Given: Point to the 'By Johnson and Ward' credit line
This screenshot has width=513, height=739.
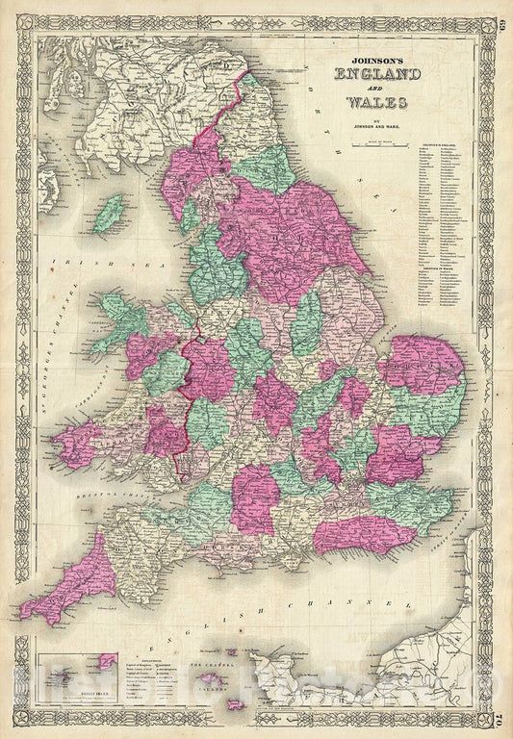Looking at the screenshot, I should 367,120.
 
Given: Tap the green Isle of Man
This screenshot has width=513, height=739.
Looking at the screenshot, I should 113,206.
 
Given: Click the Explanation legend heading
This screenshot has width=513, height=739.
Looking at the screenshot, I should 135,661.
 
